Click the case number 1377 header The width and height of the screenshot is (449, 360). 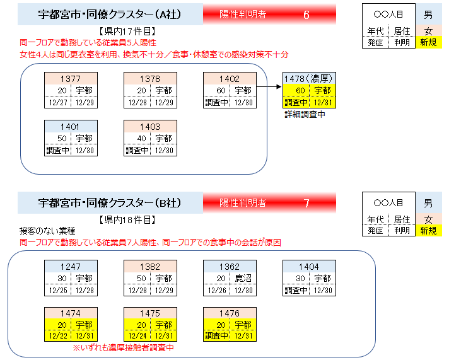[70, 78]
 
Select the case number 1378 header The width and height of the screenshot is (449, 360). [149, 78]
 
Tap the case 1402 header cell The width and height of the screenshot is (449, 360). [229, 78]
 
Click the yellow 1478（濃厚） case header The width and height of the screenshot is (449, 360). [308, 78]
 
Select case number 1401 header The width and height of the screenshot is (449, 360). [70, 126]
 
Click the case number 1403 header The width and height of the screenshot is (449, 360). [149, 126]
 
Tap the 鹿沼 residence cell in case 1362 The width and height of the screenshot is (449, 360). [243, 278]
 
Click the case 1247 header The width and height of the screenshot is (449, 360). [70, 266]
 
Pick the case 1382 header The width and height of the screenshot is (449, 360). [149, 266]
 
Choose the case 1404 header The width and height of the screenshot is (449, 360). [308, 266]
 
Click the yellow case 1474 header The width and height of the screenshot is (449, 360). [70, 313]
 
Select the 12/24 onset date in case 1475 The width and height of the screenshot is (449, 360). [137, 337]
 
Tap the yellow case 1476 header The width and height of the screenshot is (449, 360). [229, 313]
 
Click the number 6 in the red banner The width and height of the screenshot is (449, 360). [306, 15]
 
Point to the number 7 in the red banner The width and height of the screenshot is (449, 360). [306, 203]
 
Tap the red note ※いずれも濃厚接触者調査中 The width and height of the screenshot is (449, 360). [124, 347]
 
